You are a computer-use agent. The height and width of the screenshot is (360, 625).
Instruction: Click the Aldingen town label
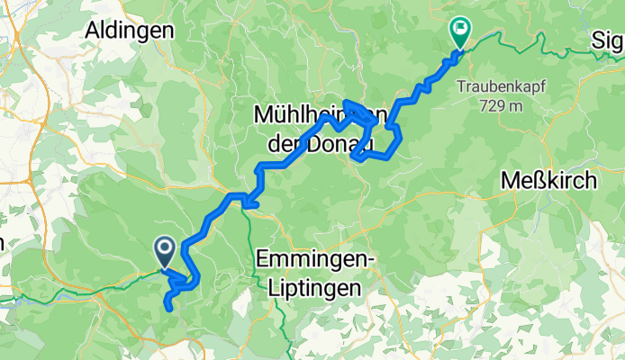(129, 30)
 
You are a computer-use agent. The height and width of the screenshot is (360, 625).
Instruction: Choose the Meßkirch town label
(549, 180)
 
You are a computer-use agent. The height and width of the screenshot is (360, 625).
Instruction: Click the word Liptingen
(313, 288)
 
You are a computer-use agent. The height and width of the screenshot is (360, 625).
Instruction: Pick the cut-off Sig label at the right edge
(610, 42)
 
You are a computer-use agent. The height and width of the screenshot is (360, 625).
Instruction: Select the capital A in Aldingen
(92, 30)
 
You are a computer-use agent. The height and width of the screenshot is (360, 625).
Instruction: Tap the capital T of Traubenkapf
(460, 87)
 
